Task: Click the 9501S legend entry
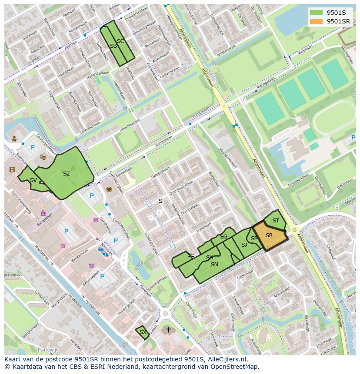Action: [x=336, y=12]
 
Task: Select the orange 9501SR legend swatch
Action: [x=316, y=21]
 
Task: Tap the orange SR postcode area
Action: [x=269, y=236]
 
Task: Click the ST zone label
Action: [x=276, y=221]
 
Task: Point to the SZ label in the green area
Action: [x=66, y=174]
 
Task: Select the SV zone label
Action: [x=33, y=180]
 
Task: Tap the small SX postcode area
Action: [x=142, y=332]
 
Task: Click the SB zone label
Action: [x=113, y=46]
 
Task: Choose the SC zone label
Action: [x=120, y=41]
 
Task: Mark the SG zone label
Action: [x=223, y=237]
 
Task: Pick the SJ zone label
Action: [x=244, y=245]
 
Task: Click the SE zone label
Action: [x=191, y=255]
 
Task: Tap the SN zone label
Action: [x=214, y=264]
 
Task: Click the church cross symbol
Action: [x=169, y=330]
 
